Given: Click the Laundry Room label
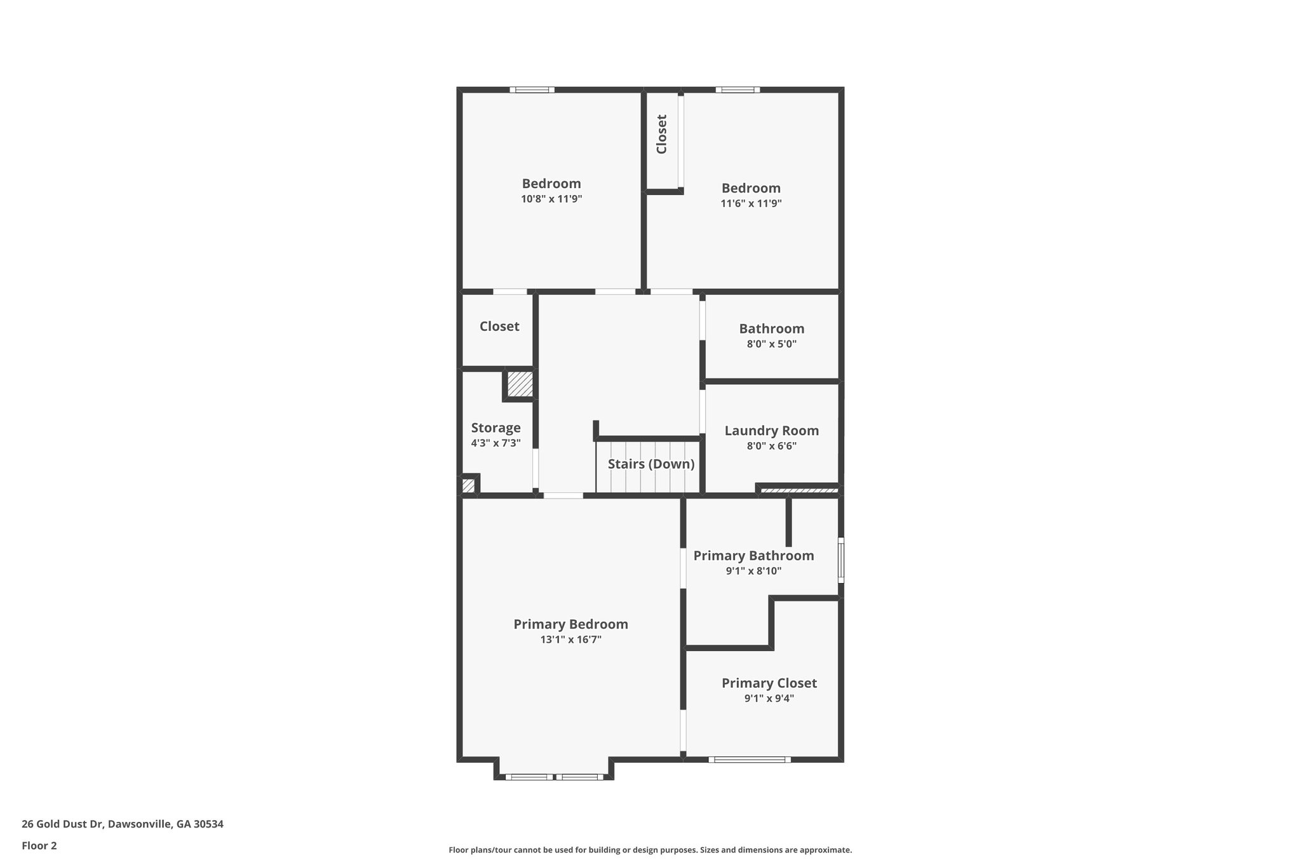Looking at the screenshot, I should pos(771,431).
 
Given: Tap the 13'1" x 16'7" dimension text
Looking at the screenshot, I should pos(570,640).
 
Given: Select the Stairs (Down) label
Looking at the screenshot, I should pos(650,464).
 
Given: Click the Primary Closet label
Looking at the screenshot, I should pos(769,683).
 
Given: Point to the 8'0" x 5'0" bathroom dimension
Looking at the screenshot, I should pos(771,344).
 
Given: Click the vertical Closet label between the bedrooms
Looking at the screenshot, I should pos(661,134).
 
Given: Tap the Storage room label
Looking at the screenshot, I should pos(495,427).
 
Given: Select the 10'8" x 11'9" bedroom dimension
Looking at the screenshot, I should pos(551,199).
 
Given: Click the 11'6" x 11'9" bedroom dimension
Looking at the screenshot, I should pos(751,203).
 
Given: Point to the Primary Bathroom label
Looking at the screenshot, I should pos(753,556).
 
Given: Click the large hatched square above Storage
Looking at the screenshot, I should pos(520,385).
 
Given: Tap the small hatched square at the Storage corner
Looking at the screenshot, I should pos(468,486).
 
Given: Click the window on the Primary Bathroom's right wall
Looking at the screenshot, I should pos(840,560).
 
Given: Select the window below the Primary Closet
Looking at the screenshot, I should pos(749,760).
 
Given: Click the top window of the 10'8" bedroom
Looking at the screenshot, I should pos(532,90).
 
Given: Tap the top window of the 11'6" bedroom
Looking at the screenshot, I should pos(738,90).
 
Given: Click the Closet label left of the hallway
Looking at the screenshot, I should pos(499,326).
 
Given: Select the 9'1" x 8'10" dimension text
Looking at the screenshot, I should pos(753,571).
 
